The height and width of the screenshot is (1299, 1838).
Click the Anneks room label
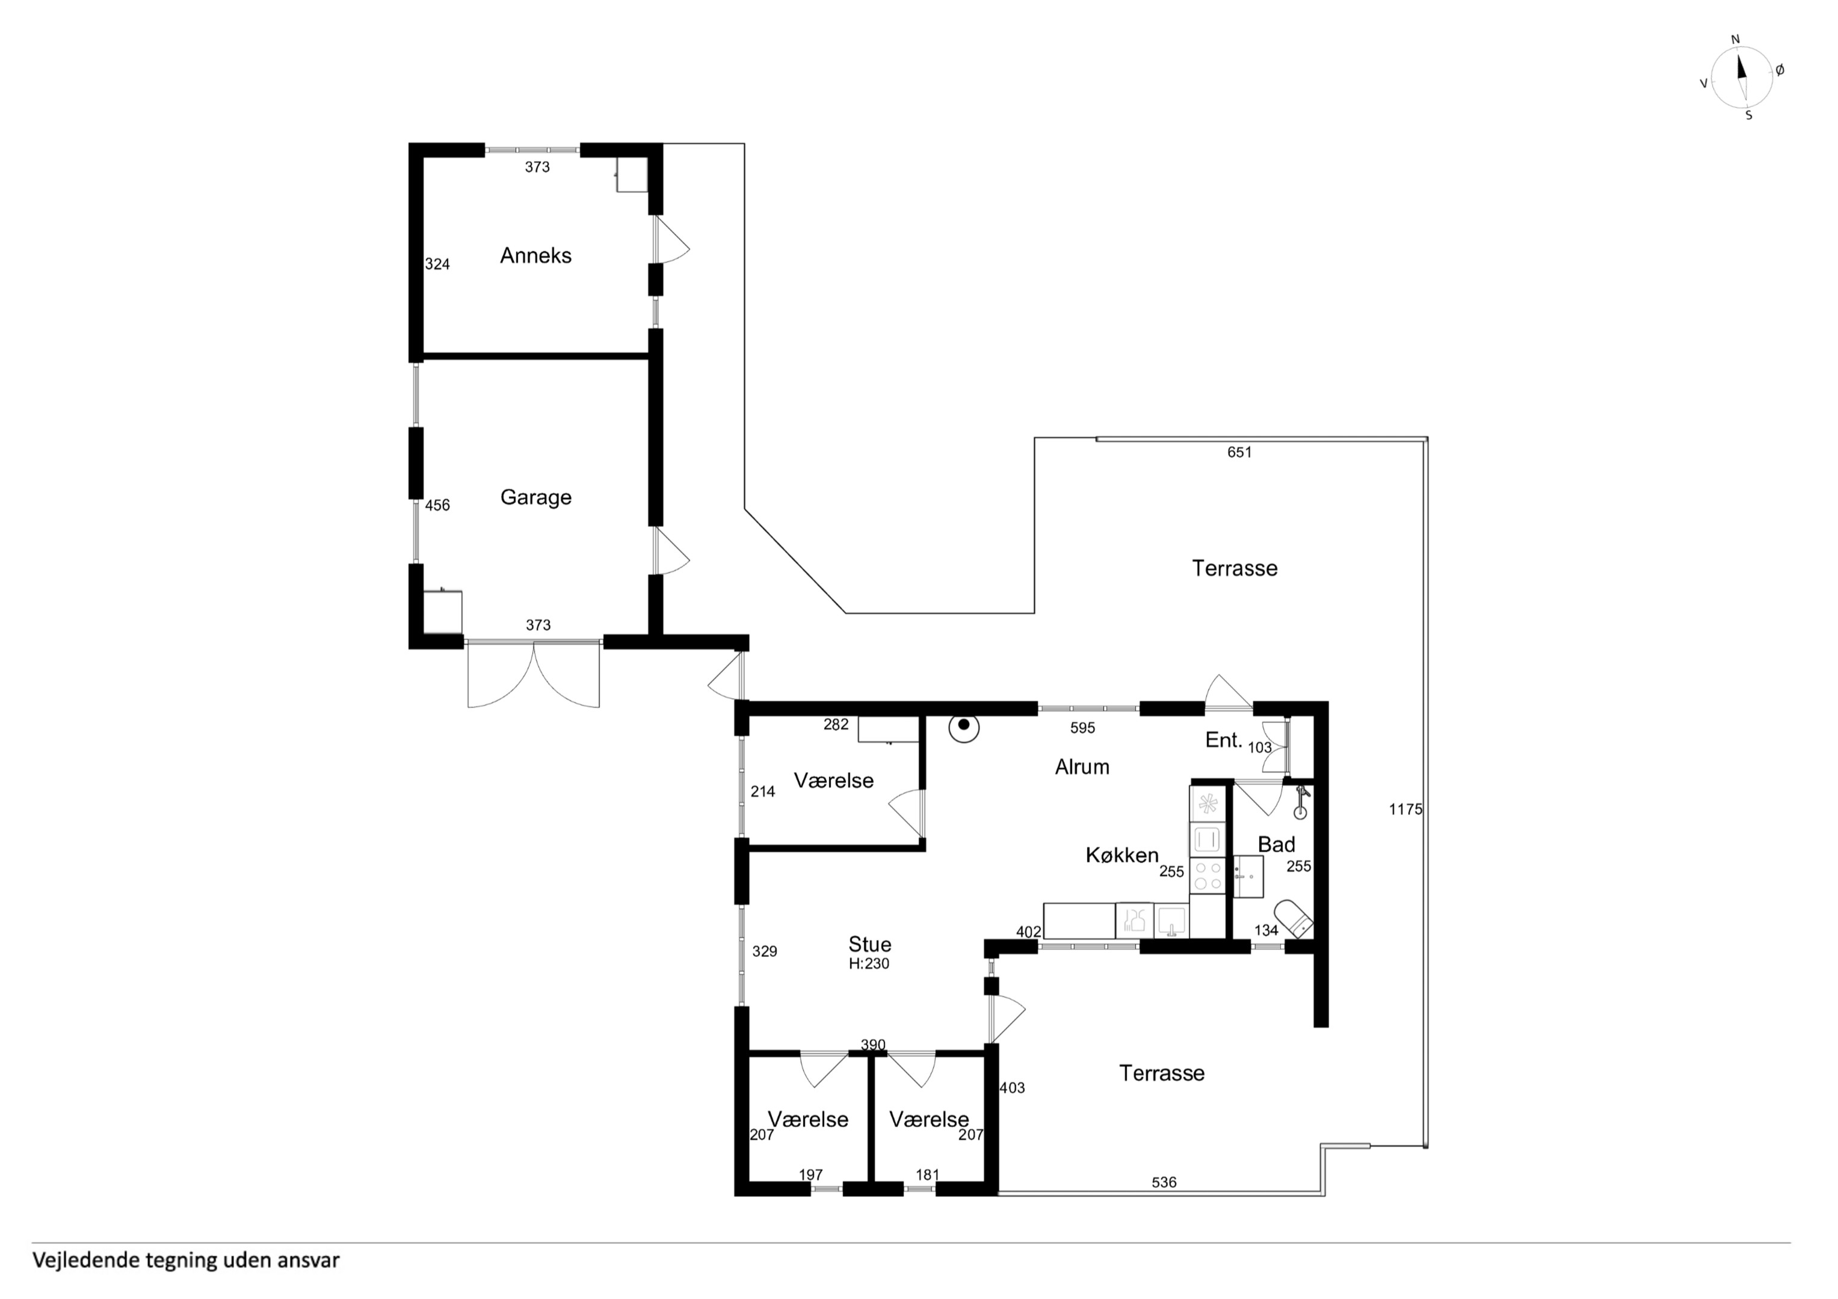tap(535, 256)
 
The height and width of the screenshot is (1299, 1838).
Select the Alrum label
tap(1082, 767)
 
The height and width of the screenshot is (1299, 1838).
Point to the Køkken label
tap(1121, 855)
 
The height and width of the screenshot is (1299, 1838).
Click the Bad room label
tap(1276, 844)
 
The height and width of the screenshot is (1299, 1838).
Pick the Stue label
tap(869, 944)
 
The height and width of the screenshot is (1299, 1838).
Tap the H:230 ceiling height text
tap(869, 963)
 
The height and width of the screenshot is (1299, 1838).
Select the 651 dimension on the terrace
tap(1239, 452)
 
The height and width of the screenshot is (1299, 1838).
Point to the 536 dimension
tap(1164, 1182)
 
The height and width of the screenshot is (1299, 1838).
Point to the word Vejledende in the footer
tap(85, 1261)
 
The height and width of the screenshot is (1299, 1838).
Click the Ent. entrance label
tap(1223, 740)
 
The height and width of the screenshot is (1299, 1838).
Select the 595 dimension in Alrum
tap(1082, 728)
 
